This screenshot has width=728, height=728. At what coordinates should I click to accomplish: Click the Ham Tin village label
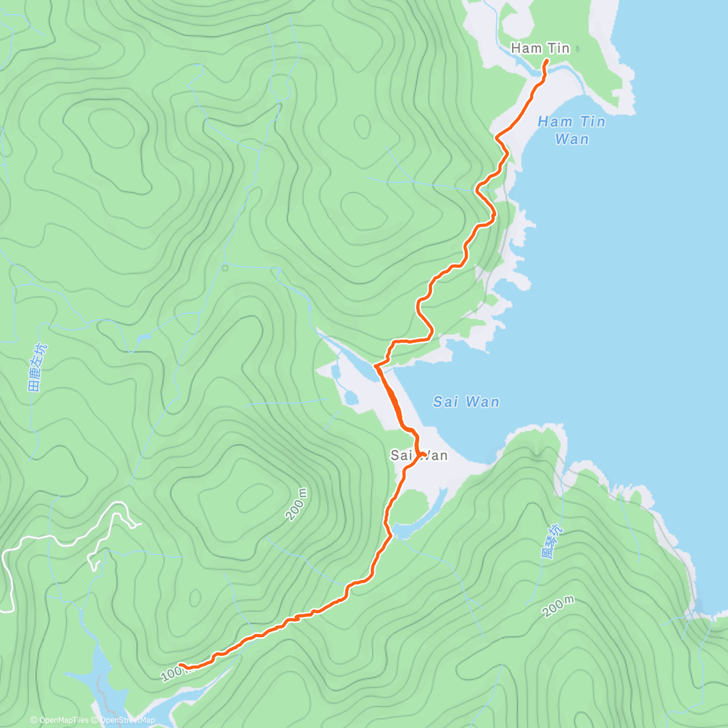click(540, 48)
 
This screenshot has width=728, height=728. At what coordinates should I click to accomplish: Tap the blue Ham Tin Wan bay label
click(571, 130)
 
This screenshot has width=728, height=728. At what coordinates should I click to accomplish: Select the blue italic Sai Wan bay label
click(466, 402)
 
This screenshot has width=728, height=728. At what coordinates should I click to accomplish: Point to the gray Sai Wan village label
click(419, 456)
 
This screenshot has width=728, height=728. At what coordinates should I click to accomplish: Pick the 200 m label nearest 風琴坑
click(559, 606)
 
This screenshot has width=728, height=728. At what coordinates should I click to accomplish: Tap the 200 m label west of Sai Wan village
click(297, 504)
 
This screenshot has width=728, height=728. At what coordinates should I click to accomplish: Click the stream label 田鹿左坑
click(38, 367)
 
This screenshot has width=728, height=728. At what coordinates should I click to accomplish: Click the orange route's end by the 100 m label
click(181, 666)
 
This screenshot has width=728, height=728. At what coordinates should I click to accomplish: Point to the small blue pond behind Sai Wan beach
click(351, 399)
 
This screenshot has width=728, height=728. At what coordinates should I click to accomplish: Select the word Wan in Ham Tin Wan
click(571, 139)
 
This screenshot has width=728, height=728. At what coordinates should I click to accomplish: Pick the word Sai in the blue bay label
click(446, 402)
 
